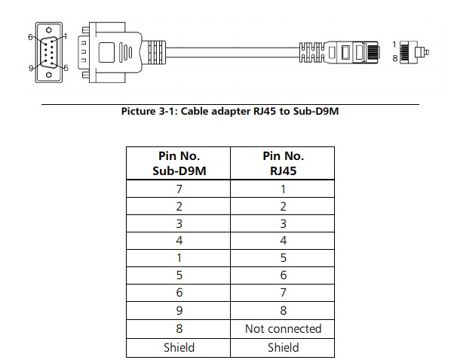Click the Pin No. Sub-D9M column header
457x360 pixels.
(179, 164)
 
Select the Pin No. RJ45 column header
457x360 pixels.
(283, 164)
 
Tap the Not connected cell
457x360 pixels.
(283, 328)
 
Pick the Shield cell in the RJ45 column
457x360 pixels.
(283, 347)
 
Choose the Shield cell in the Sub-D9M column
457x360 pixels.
(179, 347)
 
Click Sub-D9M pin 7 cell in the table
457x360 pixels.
(179, 189)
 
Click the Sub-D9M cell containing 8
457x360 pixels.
(179, 328)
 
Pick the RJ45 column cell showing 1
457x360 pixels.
(283, 189)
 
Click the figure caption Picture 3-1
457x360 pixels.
(228, 112)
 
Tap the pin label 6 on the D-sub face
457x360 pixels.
(31, 36)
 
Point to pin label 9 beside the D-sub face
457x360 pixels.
(31, 68)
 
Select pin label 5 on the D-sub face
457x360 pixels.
(66, 68)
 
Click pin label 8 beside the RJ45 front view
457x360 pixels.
(395, 58)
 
